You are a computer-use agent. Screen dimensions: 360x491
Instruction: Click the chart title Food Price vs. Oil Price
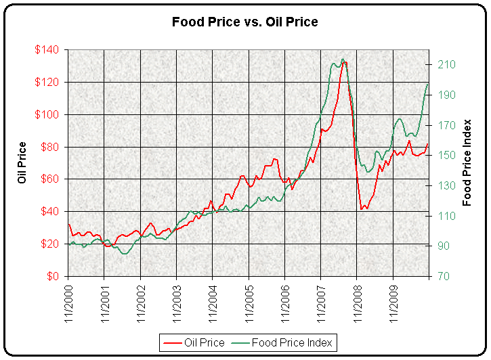244,22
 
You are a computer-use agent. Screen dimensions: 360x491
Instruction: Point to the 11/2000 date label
68,302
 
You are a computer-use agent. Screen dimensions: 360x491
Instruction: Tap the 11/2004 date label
212,302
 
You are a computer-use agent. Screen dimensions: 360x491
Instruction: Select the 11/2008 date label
357,302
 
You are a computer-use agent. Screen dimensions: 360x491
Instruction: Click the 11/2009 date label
393,302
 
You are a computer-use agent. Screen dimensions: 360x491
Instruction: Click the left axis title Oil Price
22,163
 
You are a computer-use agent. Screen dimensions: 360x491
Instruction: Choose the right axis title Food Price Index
467,163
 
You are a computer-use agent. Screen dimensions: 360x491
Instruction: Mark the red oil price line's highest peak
345,62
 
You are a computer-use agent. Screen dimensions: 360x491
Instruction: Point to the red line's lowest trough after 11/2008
363,209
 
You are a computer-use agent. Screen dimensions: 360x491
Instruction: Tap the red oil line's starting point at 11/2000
68,224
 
